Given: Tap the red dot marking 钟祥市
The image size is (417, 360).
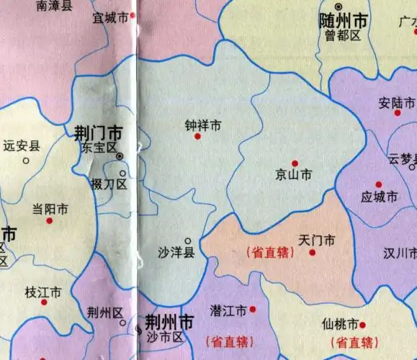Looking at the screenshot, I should click(x=197, y=135).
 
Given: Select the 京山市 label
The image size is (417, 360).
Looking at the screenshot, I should click(x=294, y=174).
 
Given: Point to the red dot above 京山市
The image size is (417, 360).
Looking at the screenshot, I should click(x=295, y=163).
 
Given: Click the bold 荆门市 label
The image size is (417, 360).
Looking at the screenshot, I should click(x=98, y=133).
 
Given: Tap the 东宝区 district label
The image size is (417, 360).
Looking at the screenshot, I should click(x=99, y=148).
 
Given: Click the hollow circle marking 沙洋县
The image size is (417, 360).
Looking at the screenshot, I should click(x=188, y=241).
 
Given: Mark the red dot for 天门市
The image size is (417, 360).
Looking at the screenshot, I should click(x=313, y=252).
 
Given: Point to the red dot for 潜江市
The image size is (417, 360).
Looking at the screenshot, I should click(x=253, y=310).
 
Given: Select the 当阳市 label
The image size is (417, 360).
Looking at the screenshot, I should click(x=50, y=210).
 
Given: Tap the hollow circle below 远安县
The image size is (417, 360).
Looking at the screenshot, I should click(x=26, y=160).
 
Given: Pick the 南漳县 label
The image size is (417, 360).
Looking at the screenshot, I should click(x=54, y=6).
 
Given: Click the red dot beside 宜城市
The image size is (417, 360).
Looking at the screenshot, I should click(x=133, y=16).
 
